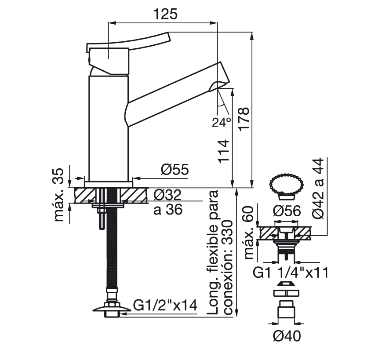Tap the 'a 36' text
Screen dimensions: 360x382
click(168, 210)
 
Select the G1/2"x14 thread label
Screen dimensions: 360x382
click(165, 306)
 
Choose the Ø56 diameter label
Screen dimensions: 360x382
click(286, 211)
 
